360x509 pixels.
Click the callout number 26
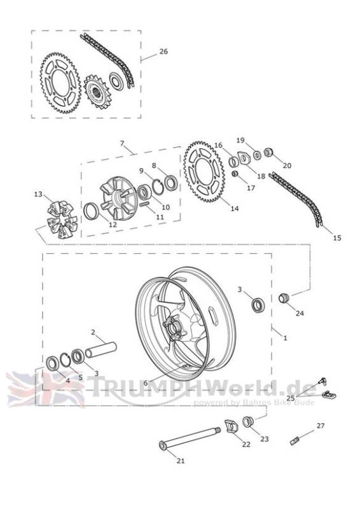[163, 52]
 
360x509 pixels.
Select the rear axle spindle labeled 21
[190, 438]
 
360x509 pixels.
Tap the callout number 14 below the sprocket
[234, 209]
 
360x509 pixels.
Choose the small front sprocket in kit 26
[98, 92]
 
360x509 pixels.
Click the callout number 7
[122, 143]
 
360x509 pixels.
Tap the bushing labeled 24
[283, 298]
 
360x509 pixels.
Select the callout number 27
[321, 426]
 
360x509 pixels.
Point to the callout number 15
[337, 237]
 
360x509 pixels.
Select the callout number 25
[291, 398]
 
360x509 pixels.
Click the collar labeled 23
[248, 421]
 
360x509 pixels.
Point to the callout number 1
[286, 338]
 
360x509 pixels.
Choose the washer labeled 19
[257, 155]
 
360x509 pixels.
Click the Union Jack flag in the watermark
[45, 389]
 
